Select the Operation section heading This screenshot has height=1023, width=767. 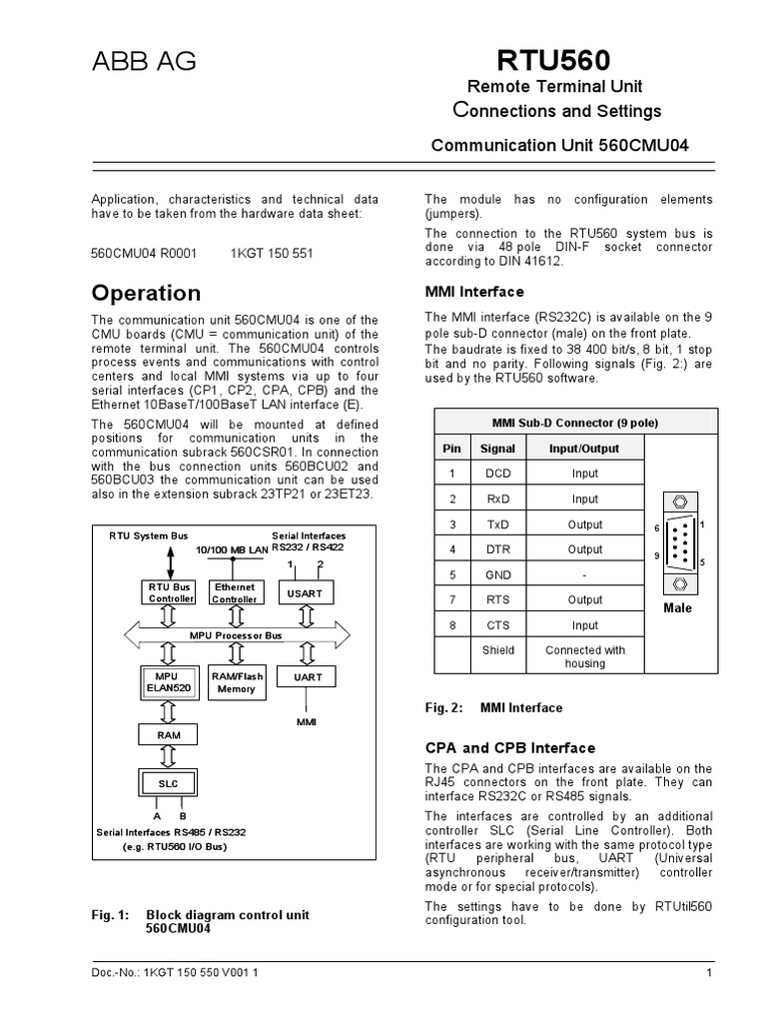146,294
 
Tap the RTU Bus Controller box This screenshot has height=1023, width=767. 169,593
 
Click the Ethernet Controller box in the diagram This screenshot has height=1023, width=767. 236,593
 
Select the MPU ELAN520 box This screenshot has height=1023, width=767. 169,682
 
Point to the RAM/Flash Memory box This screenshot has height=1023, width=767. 236,682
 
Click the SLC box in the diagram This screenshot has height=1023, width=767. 169,782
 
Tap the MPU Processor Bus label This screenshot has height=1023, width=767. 236,634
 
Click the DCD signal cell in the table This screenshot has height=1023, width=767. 497,474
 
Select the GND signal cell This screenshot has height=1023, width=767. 497,575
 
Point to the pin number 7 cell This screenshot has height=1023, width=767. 452,600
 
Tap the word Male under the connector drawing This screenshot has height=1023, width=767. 677,607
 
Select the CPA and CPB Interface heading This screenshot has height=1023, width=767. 509,748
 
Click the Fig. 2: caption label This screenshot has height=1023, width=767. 444,708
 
